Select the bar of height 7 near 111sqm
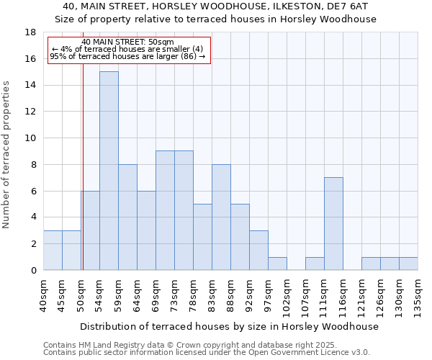click(333, 223)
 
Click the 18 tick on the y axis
click(30, 32)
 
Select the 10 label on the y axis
click(30, 138)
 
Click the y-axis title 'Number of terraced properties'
click(8, 154)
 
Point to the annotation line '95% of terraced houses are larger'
click(128, 56)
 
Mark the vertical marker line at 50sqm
click(83, 180)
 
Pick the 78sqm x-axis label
click(194, 295)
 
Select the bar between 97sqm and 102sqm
click(277, 264)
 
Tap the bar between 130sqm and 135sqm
click(408, 264)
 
